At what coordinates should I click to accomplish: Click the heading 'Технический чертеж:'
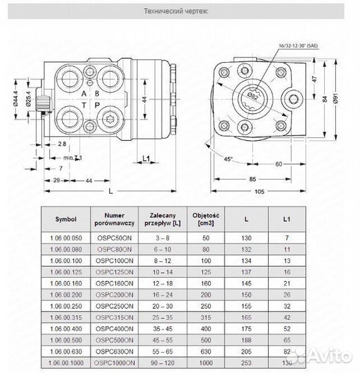point(179,12)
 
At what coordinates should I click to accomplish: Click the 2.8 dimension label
point(61,144)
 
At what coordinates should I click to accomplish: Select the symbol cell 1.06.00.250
point(66,305)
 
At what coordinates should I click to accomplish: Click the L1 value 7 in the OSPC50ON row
point(285,239)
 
